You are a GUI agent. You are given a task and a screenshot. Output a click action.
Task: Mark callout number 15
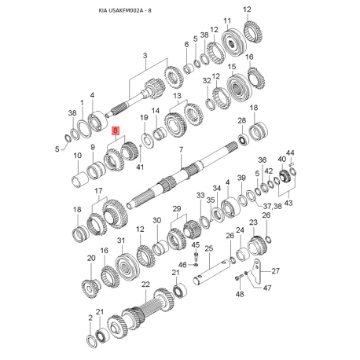[x=233, y=68]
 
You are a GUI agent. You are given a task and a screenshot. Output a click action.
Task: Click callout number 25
[x=209, y=250]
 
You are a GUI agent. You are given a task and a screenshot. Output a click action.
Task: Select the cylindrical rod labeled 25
[x=216, y=270]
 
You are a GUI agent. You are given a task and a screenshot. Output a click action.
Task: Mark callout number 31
[x=121, y=240]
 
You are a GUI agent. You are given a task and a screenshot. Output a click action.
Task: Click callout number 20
[x=90, y=259]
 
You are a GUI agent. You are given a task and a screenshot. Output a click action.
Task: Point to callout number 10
[x=78, y=156]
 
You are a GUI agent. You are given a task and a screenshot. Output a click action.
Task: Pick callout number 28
[x=242, y=120]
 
